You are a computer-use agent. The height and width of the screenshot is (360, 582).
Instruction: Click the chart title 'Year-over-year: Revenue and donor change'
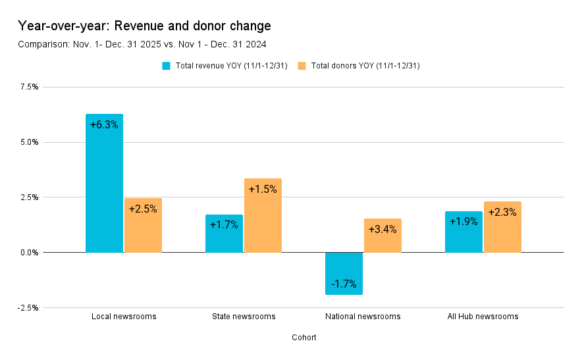144,26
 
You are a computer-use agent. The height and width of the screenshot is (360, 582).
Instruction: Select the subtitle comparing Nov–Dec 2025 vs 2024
142,44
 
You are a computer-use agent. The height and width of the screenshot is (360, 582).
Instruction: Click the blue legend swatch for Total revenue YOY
167,66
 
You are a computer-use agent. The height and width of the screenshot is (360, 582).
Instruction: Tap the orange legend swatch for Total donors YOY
302,66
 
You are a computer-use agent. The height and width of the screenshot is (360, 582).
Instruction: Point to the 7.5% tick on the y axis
29,87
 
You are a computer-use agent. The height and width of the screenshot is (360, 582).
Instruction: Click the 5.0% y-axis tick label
29,142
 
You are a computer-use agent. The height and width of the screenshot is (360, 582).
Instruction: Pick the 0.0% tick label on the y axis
29,253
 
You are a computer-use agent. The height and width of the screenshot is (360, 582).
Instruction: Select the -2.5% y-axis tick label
28,308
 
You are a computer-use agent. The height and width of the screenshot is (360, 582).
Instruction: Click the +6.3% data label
104,125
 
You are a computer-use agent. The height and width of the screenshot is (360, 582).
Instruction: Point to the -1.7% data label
344,284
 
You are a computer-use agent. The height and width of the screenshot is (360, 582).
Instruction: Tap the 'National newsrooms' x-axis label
363,317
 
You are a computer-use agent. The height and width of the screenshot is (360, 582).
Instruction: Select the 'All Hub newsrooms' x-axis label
483,317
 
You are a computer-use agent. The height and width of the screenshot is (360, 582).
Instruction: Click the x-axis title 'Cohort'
304,338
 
